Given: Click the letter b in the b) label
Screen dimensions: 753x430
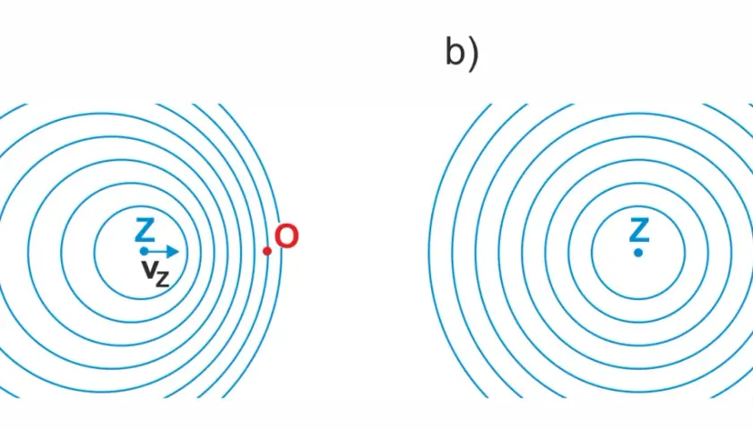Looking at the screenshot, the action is [455, 51].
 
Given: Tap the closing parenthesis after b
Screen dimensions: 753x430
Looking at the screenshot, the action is [473, 55].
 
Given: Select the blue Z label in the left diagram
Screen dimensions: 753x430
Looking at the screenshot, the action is [144, 230].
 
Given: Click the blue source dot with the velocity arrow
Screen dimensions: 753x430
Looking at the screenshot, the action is [143, 251].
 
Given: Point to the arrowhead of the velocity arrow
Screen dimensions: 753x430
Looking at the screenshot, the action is [173, 251].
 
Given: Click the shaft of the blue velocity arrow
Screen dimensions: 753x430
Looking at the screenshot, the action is [158, 251].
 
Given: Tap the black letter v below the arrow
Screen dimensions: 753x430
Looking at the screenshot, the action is [149, 270].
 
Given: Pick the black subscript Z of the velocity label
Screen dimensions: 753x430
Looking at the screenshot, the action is [162, 279].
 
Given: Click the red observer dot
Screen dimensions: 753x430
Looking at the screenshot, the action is [267, 251].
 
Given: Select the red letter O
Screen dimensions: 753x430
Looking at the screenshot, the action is [287, 236].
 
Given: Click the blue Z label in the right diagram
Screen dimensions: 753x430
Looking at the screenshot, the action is [638, 230].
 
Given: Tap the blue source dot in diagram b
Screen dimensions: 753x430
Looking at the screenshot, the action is [638, 253].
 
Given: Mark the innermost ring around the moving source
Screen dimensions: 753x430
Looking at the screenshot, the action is [94, 253].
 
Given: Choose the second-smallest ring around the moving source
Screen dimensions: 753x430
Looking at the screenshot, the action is [61, 253].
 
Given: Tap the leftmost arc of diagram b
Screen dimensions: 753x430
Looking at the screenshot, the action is [428, 253].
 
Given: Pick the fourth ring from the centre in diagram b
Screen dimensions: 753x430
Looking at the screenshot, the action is [521, 253].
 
